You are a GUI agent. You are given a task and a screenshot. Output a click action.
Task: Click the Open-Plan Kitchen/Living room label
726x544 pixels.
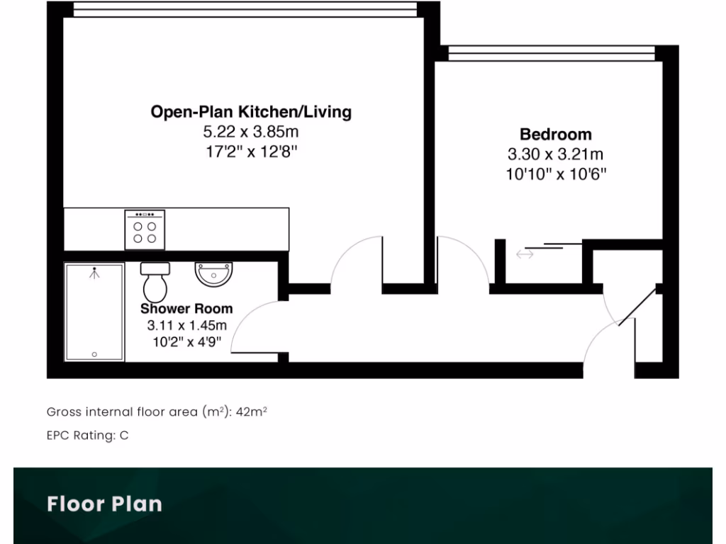(251, 111)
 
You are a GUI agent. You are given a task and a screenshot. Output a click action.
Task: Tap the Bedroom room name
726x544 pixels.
(555, 134)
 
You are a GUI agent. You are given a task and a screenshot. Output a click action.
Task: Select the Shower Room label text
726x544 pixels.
(186, 309)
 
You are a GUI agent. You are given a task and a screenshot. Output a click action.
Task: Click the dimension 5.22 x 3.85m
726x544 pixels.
(251, 132)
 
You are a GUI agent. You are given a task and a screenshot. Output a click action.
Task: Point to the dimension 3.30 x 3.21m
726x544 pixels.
(555, 154)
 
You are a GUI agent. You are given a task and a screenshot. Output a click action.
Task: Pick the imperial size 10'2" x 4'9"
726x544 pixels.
(186, 342)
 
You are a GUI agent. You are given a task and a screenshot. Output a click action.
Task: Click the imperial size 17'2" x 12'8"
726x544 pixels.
(251, 151)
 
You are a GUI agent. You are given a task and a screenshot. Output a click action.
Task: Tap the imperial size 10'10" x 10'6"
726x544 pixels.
(555, 174)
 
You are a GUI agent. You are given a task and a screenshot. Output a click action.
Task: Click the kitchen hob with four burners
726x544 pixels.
(145, 229)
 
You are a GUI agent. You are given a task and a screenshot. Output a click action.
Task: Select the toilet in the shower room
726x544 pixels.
(155, 281)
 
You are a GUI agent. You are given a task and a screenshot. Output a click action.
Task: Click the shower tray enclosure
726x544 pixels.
(94, 312)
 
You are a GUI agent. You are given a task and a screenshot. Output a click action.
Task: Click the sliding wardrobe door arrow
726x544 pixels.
(525, 254)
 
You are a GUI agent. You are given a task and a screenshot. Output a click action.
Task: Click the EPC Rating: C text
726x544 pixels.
(87, 436)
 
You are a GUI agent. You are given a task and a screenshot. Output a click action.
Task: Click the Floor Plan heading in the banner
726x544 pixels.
(104, 504)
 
